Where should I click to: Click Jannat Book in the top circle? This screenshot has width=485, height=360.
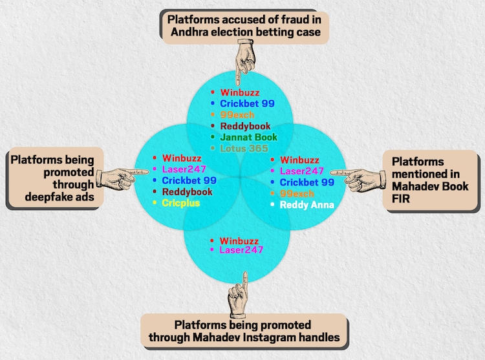pyautogui.click(x=248, y=137)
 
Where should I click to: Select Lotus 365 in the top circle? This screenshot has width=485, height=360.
pyautogui.click(x=245, y=149)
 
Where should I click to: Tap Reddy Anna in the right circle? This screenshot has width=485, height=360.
pyautogui.click(x=307, y=205)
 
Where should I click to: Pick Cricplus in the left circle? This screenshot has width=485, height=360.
pyautogui.click(x=181, y=203)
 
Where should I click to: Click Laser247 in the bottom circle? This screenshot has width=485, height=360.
pyautogui.click(x=241, y=250)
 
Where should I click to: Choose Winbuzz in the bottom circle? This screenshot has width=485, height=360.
pyautogui.click(x=239, y=240)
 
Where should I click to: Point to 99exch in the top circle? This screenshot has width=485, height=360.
pyautogui.click(x=237, y=115)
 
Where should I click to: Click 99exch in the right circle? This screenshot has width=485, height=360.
pyautogui.click(x=297, y=194)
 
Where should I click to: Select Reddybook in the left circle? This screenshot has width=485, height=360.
pyautogui.click(x=187, y=192)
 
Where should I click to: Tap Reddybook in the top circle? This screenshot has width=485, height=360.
pyautogui.click(x=245, y=126)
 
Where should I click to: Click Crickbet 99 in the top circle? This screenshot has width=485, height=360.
pyautogui.click(x=248, y=103)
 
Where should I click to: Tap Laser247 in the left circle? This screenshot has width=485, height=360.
pyautogui.click(x=185, y=169)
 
